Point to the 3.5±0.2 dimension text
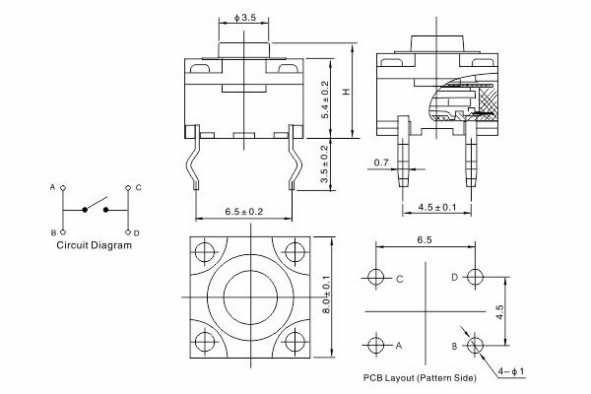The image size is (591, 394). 326,165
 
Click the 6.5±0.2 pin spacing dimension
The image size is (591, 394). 244,212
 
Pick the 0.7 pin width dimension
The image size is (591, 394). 381,162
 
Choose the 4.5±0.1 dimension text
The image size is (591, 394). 436,207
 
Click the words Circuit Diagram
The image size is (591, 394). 94,245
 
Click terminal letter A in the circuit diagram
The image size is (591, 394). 52,186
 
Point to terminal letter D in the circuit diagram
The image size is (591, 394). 137,232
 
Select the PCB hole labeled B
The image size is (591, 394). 475,345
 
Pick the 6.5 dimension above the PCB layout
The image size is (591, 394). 426,239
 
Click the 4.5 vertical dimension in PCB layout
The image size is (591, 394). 499,311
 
